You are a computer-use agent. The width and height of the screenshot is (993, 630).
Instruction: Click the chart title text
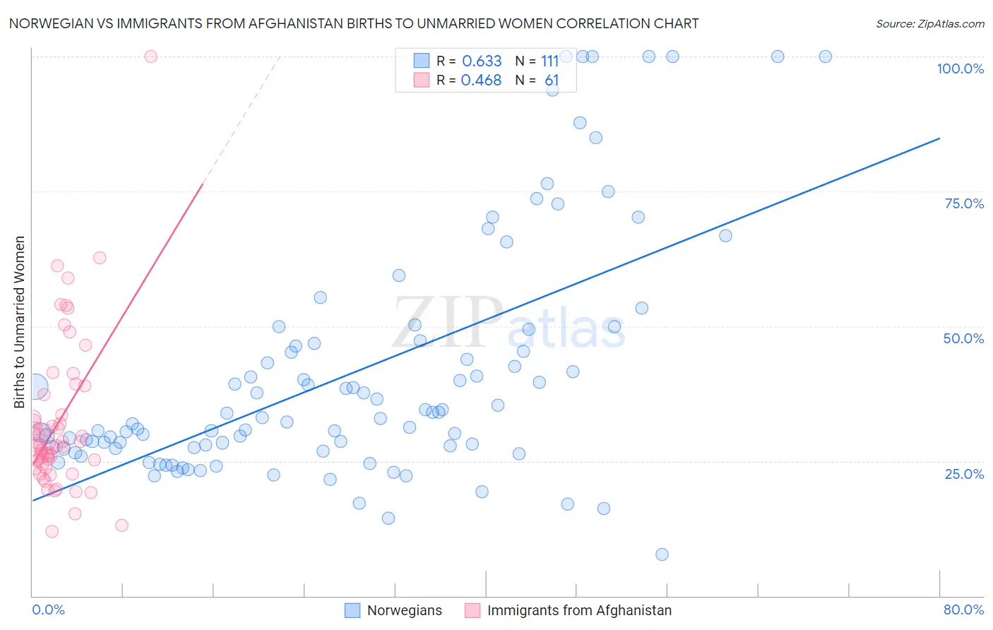[354, 23]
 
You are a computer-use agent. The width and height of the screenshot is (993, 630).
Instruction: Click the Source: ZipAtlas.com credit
[929, 23]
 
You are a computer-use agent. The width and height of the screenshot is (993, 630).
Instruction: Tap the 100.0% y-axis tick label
[960, 69]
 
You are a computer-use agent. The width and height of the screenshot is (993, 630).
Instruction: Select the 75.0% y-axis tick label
[964, 203]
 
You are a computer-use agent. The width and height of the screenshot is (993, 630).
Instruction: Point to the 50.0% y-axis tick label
[963, 338]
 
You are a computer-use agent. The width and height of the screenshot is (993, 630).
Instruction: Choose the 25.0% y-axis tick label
[964, 474]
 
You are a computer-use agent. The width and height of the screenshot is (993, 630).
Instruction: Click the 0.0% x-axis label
[48, 610]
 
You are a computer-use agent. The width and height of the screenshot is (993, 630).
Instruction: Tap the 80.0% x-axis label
[963, 610]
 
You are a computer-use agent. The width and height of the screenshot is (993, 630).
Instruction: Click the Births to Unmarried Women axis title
[20, 322]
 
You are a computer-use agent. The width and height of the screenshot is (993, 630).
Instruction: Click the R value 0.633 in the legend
[482, 61]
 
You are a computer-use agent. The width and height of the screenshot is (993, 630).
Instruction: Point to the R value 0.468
[481, 81]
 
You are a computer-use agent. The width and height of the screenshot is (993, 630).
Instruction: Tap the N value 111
[550, 61]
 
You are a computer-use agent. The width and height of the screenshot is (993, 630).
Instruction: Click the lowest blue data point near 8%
[662, 554]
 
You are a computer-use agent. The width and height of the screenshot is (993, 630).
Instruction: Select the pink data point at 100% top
[150, 57]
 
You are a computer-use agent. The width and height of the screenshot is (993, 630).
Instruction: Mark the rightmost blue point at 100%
[825, 57]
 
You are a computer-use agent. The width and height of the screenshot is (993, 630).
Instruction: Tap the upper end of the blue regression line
[939, 138]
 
